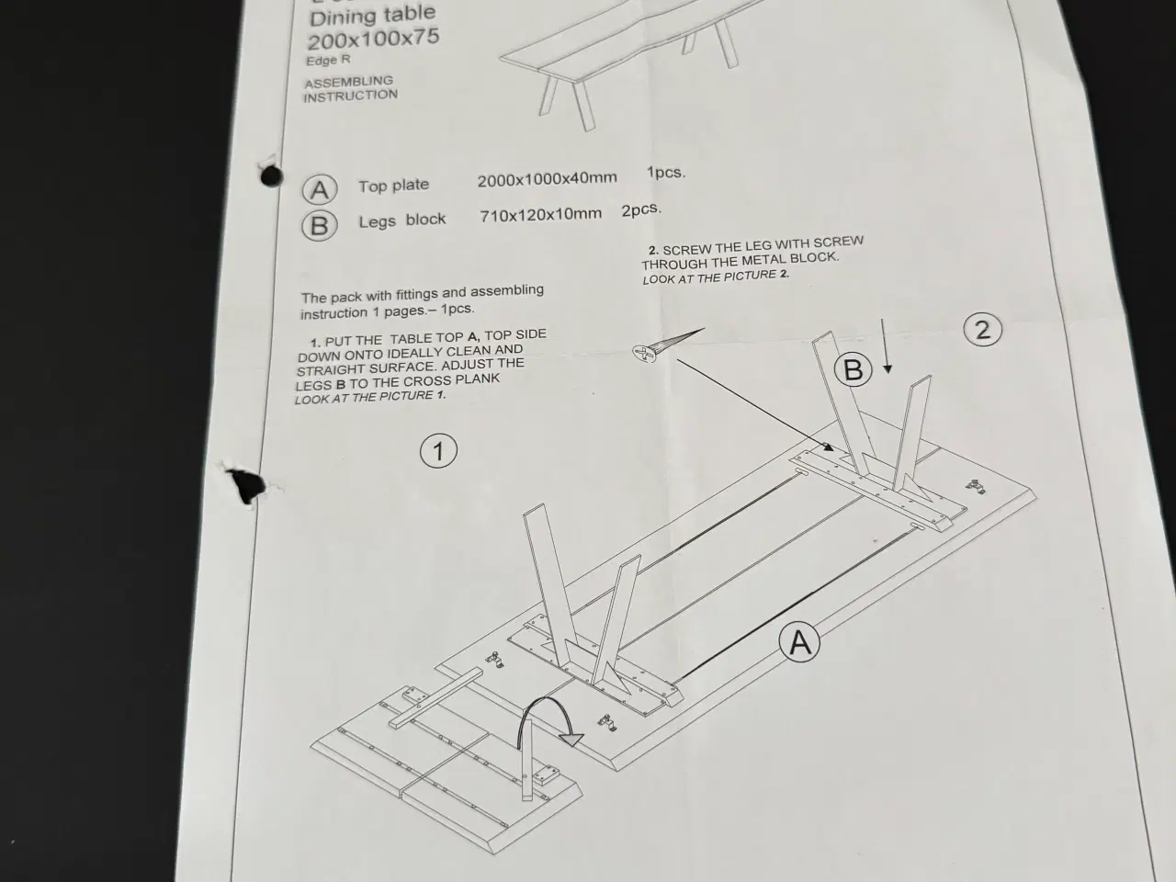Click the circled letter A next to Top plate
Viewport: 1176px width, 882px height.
click(320, 189)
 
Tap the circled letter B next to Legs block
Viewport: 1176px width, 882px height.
click(320, 225)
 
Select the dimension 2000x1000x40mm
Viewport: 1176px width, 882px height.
click(547, 179)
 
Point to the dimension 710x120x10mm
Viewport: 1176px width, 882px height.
click(540, 215)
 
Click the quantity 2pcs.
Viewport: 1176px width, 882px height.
click(641, 209)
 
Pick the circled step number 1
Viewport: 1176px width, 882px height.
click(438, 451)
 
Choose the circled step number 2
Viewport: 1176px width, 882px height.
click(982, 329)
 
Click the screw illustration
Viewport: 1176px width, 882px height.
click(668, 345)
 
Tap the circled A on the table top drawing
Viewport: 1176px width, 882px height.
click(799, 642)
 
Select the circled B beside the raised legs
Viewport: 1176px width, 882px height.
click(853, 369)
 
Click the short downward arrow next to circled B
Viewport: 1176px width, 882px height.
click(885, 346)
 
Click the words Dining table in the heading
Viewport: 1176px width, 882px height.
click(372, 15)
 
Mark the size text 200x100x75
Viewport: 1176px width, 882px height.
click(373, 40)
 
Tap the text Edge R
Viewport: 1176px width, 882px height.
click(328, 60)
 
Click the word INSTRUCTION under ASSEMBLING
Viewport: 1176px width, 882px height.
click(350, 96)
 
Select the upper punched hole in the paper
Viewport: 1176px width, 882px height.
click(271, 175)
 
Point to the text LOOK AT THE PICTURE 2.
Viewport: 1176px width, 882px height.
click(716, 277)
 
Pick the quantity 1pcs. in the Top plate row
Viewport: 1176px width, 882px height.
click(666, 173)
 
